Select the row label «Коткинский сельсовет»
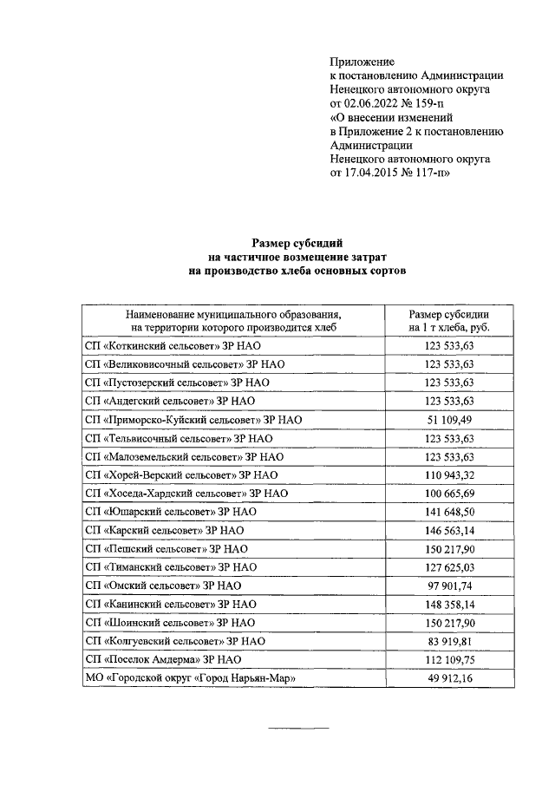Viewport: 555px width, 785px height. [164, 345]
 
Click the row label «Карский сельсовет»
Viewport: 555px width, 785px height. [164, 530]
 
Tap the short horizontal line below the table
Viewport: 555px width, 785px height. [297, 726]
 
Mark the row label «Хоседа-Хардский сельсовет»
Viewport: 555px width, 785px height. [186, 494]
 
